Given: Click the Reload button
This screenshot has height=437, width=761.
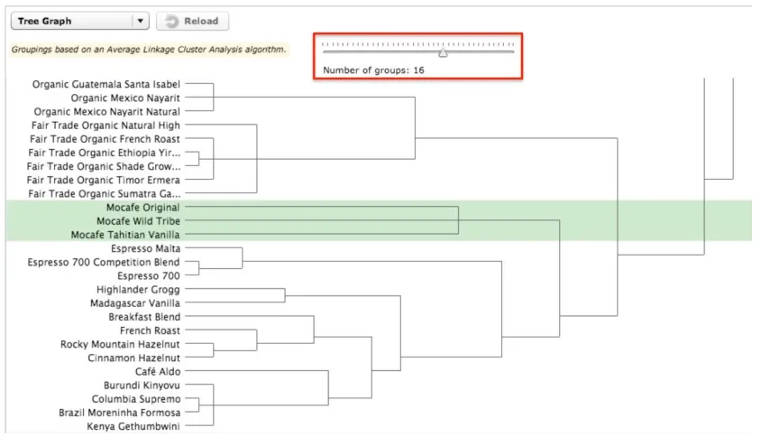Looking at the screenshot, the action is point(192,21).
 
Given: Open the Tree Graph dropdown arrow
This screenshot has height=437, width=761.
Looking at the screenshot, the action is point(141,21).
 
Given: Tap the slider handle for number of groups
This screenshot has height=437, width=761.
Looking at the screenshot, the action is point(443,52).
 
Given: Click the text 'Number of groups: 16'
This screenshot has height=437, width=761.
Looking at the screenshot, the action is point(373,70).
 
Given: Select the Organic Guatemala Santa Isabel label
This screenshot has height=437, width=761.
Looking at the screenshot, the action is point(106,84).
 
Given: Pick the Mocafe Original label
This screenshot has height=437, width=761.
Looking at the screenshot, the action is point(142,208).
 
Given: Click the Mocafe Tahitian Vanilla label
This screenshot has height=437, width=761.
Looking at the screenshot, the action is point(125,235).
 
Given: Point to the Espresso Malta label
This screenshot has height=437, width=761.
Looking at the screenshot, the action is point(145,248).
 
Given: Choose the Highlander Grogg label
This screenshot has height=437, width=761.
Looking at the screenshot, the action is point(138,290).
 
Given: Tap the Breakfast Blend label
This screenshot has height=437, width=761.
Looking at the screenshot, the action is point(144,317).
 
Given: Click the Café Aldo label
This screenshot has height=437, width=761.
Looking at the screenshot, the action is point(158,371).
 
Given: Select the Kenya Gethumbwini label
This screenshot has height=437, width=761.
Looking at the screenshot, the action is point(133,426).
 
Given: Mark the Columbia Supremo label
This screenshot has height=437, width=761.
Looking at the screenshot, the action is point(136,399).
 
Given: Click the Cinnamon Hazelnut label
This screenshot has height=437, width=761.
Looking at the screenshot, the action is point(133,358).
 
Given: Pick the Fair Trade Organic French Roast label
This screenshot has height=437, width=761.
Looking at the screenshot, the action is point(105,139).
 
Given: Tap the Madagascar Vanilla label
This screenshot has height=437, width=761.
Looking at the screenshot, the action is point(135,303).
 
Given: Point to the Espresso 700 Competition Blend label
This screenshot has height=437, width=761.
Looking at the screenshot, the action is point(104,262).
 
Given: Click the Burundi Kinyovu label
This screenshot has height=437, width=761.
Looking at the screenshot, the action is point(142,386).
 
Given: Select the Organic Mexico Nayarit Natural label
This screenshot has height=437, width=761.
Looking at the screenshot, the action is point(106,112).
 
